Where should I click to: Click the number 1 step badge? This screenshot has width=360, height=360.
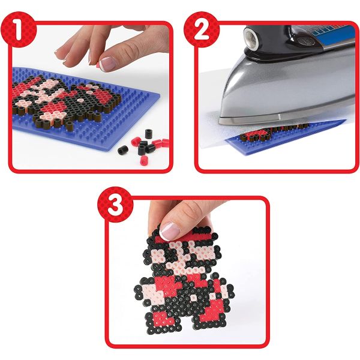pos(18,29)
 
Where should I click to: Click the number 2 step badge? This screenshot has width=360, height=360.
pos(202,29)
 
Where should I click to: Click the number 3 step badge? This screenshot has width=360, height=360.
pos(115,204)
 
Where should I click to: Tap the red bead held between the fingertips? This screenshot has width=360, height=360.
pos(98,65)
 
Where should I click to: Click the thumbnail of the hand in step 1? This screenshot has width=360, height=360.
pos(109,64)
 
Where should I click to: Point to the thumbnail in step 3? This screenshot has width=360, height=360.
pos(170,230)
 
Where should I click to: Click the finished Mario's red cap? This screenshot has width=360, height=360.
pos(181,236)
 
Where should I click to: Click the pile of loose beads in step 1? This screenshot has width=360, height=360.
pos(144,146)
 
